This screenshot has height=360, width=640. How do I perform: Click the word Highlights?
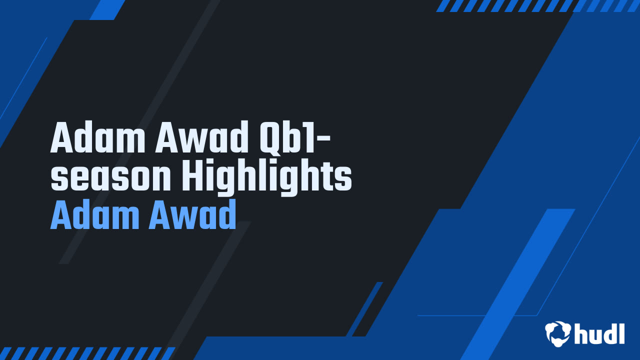[x=266, y=177]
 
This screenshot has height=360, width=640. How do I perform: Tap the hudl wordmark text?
[x=600, y=332]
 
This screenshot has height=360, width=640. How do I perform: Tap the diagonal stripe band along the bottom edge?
[x=87, y=353]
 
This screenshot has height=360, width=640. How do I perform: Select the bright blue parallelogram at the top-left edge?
[x=107, y=9]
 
